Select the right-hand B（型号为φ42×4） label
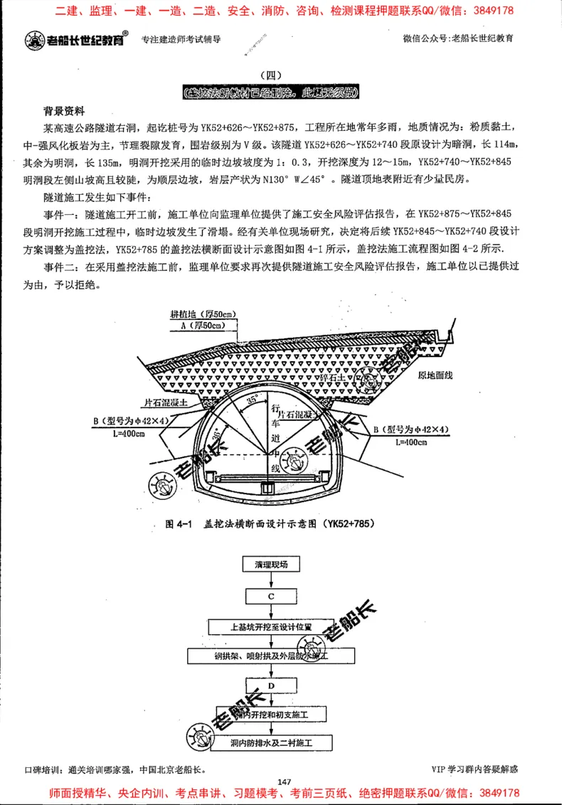coord(411,430)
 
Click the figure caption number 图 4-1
coord(179,524)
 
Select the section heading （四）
coord(272,76)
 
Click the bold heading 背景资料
coord(64,112)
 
